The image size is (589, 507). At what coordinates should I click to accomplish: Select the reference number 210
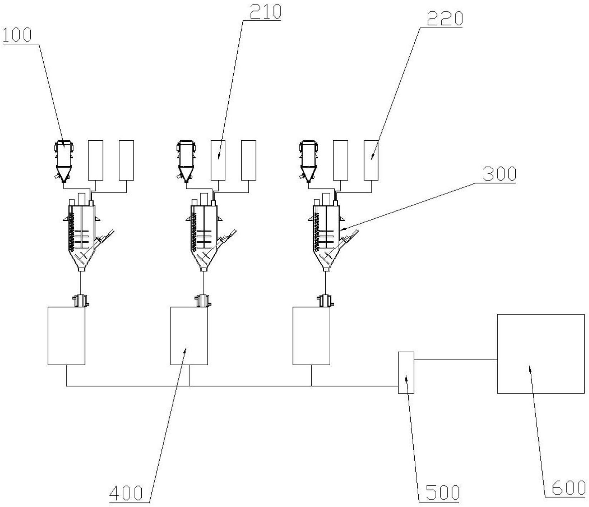(x=265, y=12)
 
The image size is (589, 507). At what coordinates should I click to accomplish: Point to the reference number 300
(x=499, y=174)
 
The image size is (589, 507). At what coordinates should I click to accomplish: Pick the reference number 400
(x=126, y=494)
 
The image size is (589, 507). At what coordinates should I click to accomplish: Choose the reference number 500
(x=443, y=493)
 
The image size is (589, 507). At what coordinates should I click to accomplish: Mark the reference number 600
(x=569, y=488)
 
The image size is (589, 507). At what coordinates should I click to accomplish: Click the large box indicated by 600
(x=541, y=354)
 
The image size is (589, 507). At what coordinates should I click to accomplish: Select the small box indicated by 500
(x=406, y=372)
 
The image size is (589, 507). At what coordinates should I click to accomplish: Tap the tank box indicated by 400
(x=189, y=336)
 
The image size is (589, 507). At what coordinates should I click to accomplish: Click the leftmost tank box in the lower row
(x=67, y=336)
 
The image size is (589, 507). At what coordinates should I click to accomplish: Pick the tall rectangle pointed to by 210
(x=218, y=160)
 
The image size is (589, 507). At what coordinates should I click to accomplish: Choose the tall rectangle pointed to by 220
(x=371, y=160)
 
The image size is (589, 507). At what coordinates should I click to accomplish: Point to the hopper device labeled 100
(x=63, y=161)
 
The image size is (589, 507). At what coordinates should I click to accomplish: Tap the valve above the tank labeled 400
(x=203, y=300)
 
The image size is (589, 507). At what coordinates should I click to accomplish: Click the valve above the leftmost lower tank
(x=81, y=300)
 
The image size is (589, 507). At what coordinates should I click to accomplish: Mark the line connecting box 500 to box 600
(x=456, y=359)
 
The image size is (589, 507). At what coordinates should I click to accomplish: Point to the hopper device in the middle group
(x=186, y=161)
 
